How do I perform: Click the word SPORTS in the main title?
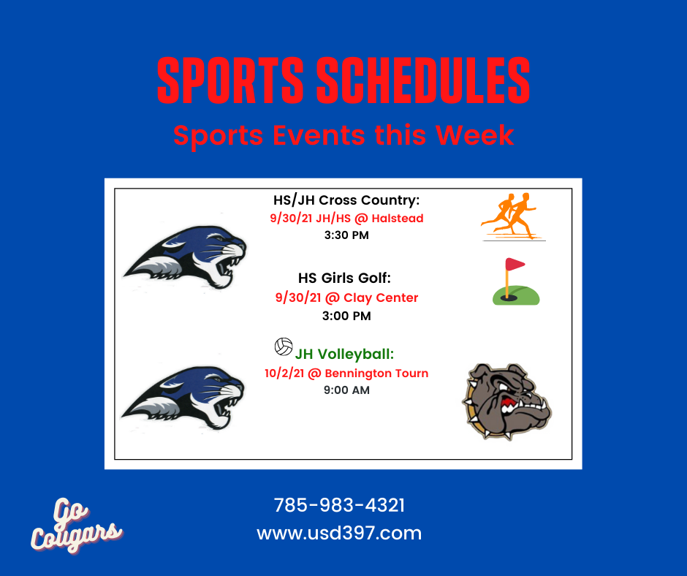[230, 80]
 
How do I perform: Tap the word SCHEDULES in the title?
[423, 80]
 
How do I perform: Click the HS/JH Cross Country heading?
[346, 200]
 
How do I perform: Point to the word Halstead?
[398, 218]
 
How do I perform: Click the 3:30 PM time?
[346, 235]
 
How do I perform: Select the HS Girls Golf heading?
[344, 278]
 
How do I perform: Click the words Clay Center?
[381, 298]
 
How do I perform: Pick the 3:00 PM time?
[346, 316]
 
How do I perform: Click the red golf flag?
[515, 265]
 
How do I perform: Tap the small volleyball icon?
[284, 346]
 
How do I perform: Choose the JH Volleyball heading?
[344, 354]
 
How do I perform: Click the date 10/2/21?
[284, 374]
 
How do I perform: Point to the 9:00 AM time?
[346, 390]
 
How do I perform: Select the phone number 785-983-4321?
[339, 505]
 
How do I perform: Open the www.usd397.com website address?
[339, 533]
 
